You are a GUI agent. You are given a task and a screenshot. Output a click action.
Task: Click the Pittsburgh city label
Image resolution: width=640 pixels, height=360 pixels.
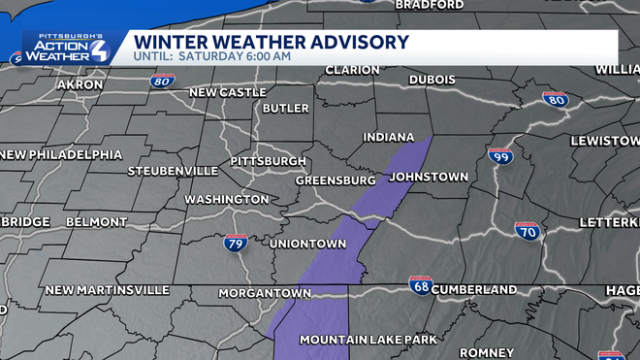click(x=269, y=160)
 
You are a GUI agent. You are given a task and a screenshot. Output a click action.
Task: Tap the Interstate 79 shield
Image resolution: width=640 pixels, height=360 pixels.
click(x=236, y=243)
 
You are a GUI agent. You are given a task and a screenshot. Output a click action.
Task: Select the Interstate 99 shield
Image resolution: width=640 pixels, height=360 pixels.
click(x=500, y=156)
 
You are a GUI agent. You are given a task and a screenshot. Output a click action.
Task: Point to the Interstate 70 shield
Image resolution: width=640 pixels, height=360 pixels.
click(x=527, y=231)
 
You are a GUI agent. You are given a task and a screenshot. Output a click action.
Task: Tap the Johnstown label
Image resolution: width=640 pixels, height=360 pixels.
click(x=429, y=177)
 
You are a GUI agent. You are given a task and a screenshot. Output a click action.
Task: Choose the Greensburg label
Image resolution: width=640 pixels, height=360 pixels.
click(x=336, y=180)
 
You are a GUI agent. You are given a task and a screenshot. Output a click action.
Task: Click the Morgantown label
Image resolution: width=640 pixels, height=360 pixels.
click(x=258, y=292)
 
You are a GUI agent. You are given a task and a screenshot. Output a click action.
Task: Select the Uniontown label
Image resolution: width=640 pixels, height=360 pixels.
click(x=307, y=243)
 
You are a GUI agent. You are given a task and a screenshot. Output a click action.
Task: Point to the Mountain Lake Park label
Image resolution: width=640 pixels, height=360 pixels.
click(x=368, y=340)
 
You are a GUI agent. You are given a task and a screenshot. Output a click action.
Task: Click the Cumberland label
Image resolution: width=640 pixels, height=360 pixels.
click(x=474, y=289)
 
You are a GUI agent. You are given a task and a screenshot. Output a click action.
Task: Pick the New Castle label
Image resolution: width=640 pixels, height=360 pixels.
click(x=227, y=92)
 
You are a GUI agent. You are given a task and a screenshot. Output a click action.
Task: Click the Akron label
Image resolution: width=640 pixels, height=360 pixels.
click(x=80, y=84)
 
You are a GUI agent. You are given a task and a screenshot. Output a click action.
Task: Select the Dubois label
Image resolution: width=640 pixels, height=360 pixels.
click(x=432, y=80)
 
